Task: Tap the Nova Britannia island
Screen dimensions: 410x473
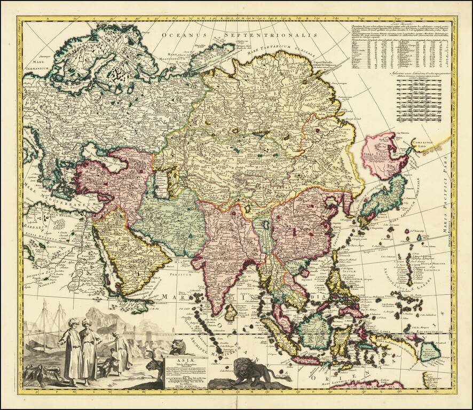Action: pos(442,352)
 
